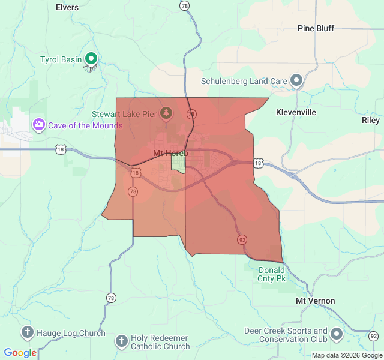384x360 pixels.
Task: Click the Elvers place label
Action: (x=67, y=7)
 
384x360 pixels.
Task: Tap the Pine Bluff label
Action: (x=316, y=28)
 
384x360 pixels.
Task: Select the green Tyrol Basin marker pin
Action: (x=91, y=58)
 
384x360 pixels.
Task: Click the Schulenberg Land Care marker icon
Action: (x=296, y=80)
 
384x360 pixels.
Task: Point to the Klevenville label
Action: (x=296, y=112)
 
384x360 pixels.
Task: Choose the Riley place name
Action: (x=370, y=120)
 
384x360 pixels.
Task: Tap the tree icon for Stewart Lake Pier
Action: (x=166, y=112)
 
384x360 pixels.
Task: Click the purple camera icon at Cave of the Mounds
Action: (x=39, y=124)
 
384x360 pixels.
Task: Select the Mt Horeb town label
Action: (x=170, y=154)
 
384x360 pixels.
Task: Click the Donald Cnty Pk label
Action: (x=271, y=274)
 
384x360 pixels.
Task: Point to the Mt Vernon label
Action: (x=315, y=301)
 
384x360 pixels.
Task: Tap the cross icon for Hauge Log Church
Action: (x=27, y=332)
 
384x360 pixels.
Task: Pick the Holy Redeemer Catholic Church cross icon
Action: (x=121, y=341)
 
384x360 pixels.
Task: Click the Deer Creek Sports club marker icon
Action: (x=337, y=333)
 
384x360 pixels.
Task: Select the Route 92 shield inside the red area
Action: (x=242, y=239)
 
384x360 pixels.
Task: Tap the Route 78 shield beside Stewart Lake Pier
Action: (x=191, y=113)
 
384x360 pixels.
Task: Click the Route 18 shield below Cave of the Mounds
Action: (x=60, y=149)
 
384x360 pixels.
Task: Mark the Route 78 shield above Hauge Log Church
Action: (x=111, y=298)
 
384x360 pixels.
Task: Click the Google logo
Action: (x=20, y=353)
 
